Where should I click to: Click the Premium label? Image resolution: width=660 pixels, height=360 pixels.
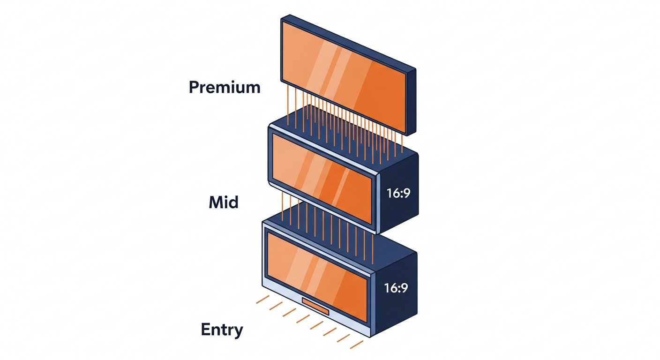[x=225, y=88]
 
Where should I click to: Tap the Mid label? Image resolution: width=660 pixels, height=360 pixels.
[x=224, y=202]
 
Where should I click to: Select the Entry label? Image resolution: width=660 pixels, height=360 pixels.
[x=222, y=330]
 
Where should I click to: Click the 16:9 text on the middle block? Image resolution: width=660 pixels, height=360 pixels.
[x=398, y=193]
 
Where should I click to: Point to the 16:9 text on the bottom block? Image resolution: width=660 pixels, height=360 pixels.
[x=396, y=288]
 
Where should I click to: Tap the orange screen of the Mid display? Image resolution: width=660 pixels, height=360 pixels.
[x=322, y=179]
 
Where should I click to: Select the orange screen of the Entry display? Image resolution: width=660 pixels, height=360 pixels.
[x=317, y=277]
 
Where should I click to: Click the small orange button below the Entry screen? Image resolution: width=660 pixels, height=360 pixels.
[x=315, y=307]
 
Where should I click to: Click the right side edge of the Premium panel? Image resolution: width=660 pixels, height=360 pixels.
[x=412, y=102]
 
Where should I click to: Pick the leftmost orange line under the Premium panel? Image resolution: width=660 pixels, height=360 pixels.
[x=288, y=105]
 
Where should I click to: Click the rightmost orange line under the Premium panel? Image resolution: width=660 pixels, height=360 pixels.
[x=402, y=142]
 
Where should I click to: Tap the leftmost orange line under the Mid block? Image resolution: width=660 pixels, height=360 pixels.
[x=283, y=206]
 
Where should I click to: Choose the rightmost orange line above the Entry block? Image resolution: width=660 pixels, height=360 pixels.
[x=373, y=249]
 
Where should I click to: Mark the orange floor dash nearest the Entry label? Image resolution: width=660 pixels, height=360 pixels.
[x=262, y=300]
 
